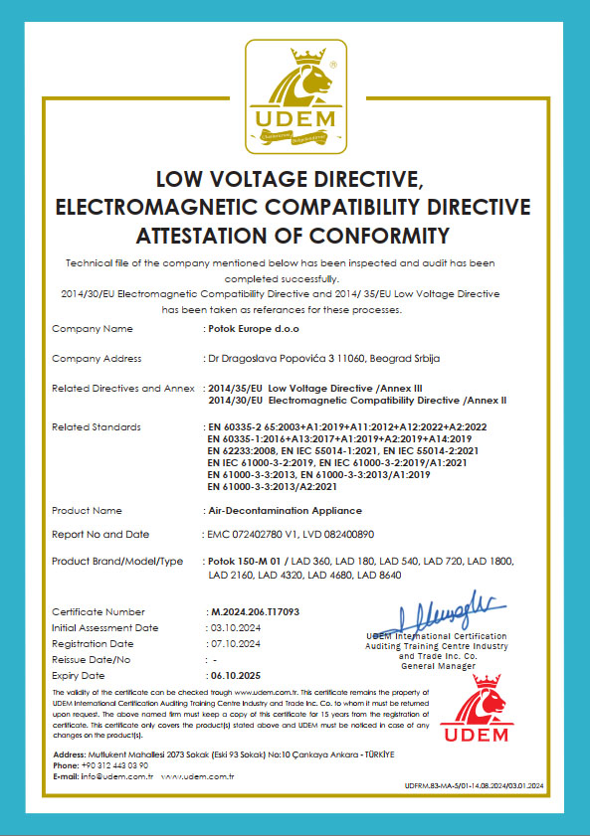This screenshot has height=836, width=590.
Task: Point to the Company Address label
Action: click(x=97, y=358)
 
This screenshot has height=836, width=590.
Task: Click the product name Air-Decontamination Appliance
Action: click(x=278, y=510)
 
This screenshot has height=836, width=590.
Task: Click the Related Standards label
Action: click(x=96, y=426)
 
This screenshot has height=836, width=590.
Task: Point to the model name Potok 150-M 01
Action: click(x=246, y=563)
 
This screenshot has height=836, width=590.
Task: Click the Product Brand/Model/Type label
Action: click(x=117, y=563)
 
